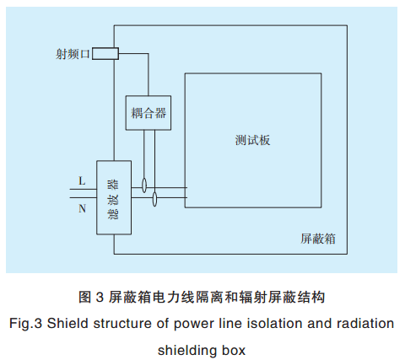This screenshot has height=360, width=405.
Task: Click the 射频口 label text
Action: (x=72, y=54)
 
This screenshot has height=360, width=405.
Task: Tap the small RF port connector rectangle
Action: (x=105, y=54)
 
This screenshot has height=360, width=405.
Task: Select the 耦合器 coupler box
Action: (x=148, y=111)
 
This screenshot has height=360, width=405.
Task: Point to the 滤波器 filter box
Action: (x=113, y=198)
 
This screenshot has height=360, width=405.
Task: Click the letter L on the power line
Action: (x=81, y=180)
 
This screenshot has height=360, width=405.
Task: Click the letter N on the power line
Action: (x=81, y=208)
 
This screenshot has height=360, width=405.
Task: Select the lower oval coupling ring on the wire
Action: (x=154, y=199)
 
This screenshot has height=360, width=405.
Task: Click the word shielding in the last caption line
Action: (x=186, y=348)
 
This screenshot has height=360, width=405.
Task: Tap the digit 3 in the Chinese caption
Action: (x=99, y=297)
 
